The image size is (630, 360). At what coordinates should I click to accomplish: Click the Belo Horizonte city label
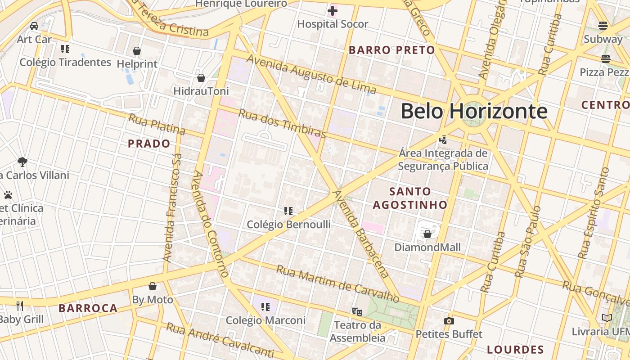(x=474, y=111)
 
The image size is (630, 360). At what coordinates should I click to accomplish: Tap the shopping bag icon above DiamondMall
(x=427, y=234)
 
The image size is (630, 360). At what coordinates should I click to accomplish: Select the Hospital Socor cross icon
(x=333, y=10)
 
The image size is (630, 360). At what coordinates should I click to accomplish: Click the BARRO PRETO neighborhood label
(x=392, y=50)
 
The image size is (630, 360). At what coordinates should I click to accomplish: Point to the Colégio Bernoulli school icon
(x=288, y=211)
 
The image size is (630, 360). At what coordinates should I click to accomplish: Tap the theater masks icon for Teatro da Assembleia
(x=357, y=311)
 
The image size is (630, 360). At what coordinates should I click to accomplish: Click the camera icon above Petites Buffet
(x=449, y=321)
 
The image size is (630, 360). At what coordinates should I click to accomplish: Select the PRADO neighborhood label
(x=149, y=144)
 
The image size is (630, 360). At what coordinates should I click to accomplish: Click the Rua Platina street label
(x=157, y=125)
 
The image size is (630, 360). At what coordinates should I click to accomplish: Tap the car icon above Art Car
(x=34, y=26)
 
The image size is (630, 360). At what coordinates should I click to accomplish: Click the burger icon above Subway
(x=603, y=26)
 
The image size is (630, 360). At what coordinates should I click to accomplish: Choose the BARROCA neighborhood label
(x=88, y=308)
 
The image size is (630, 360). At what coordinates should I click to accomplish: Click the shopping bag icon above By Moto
(x=153, y=286)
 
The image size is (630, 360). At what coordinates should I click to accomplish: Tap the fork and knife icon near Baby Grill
(x=20, y=306)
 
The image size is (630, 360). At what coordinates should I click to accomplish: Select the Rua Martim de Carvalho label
(x=337, y=284)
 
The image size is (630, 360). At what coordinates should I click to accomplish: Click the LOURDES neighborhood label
(x=516, y=349)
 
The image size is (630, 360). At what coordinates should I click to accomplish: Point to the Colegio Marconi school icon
(x=265, y=307)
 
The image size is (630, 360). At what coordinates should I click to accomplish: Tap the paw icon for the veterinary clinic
(x=8, y=195)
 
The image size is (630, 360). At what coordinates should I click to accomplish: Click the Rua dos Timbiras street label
(x=282, y=123)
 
